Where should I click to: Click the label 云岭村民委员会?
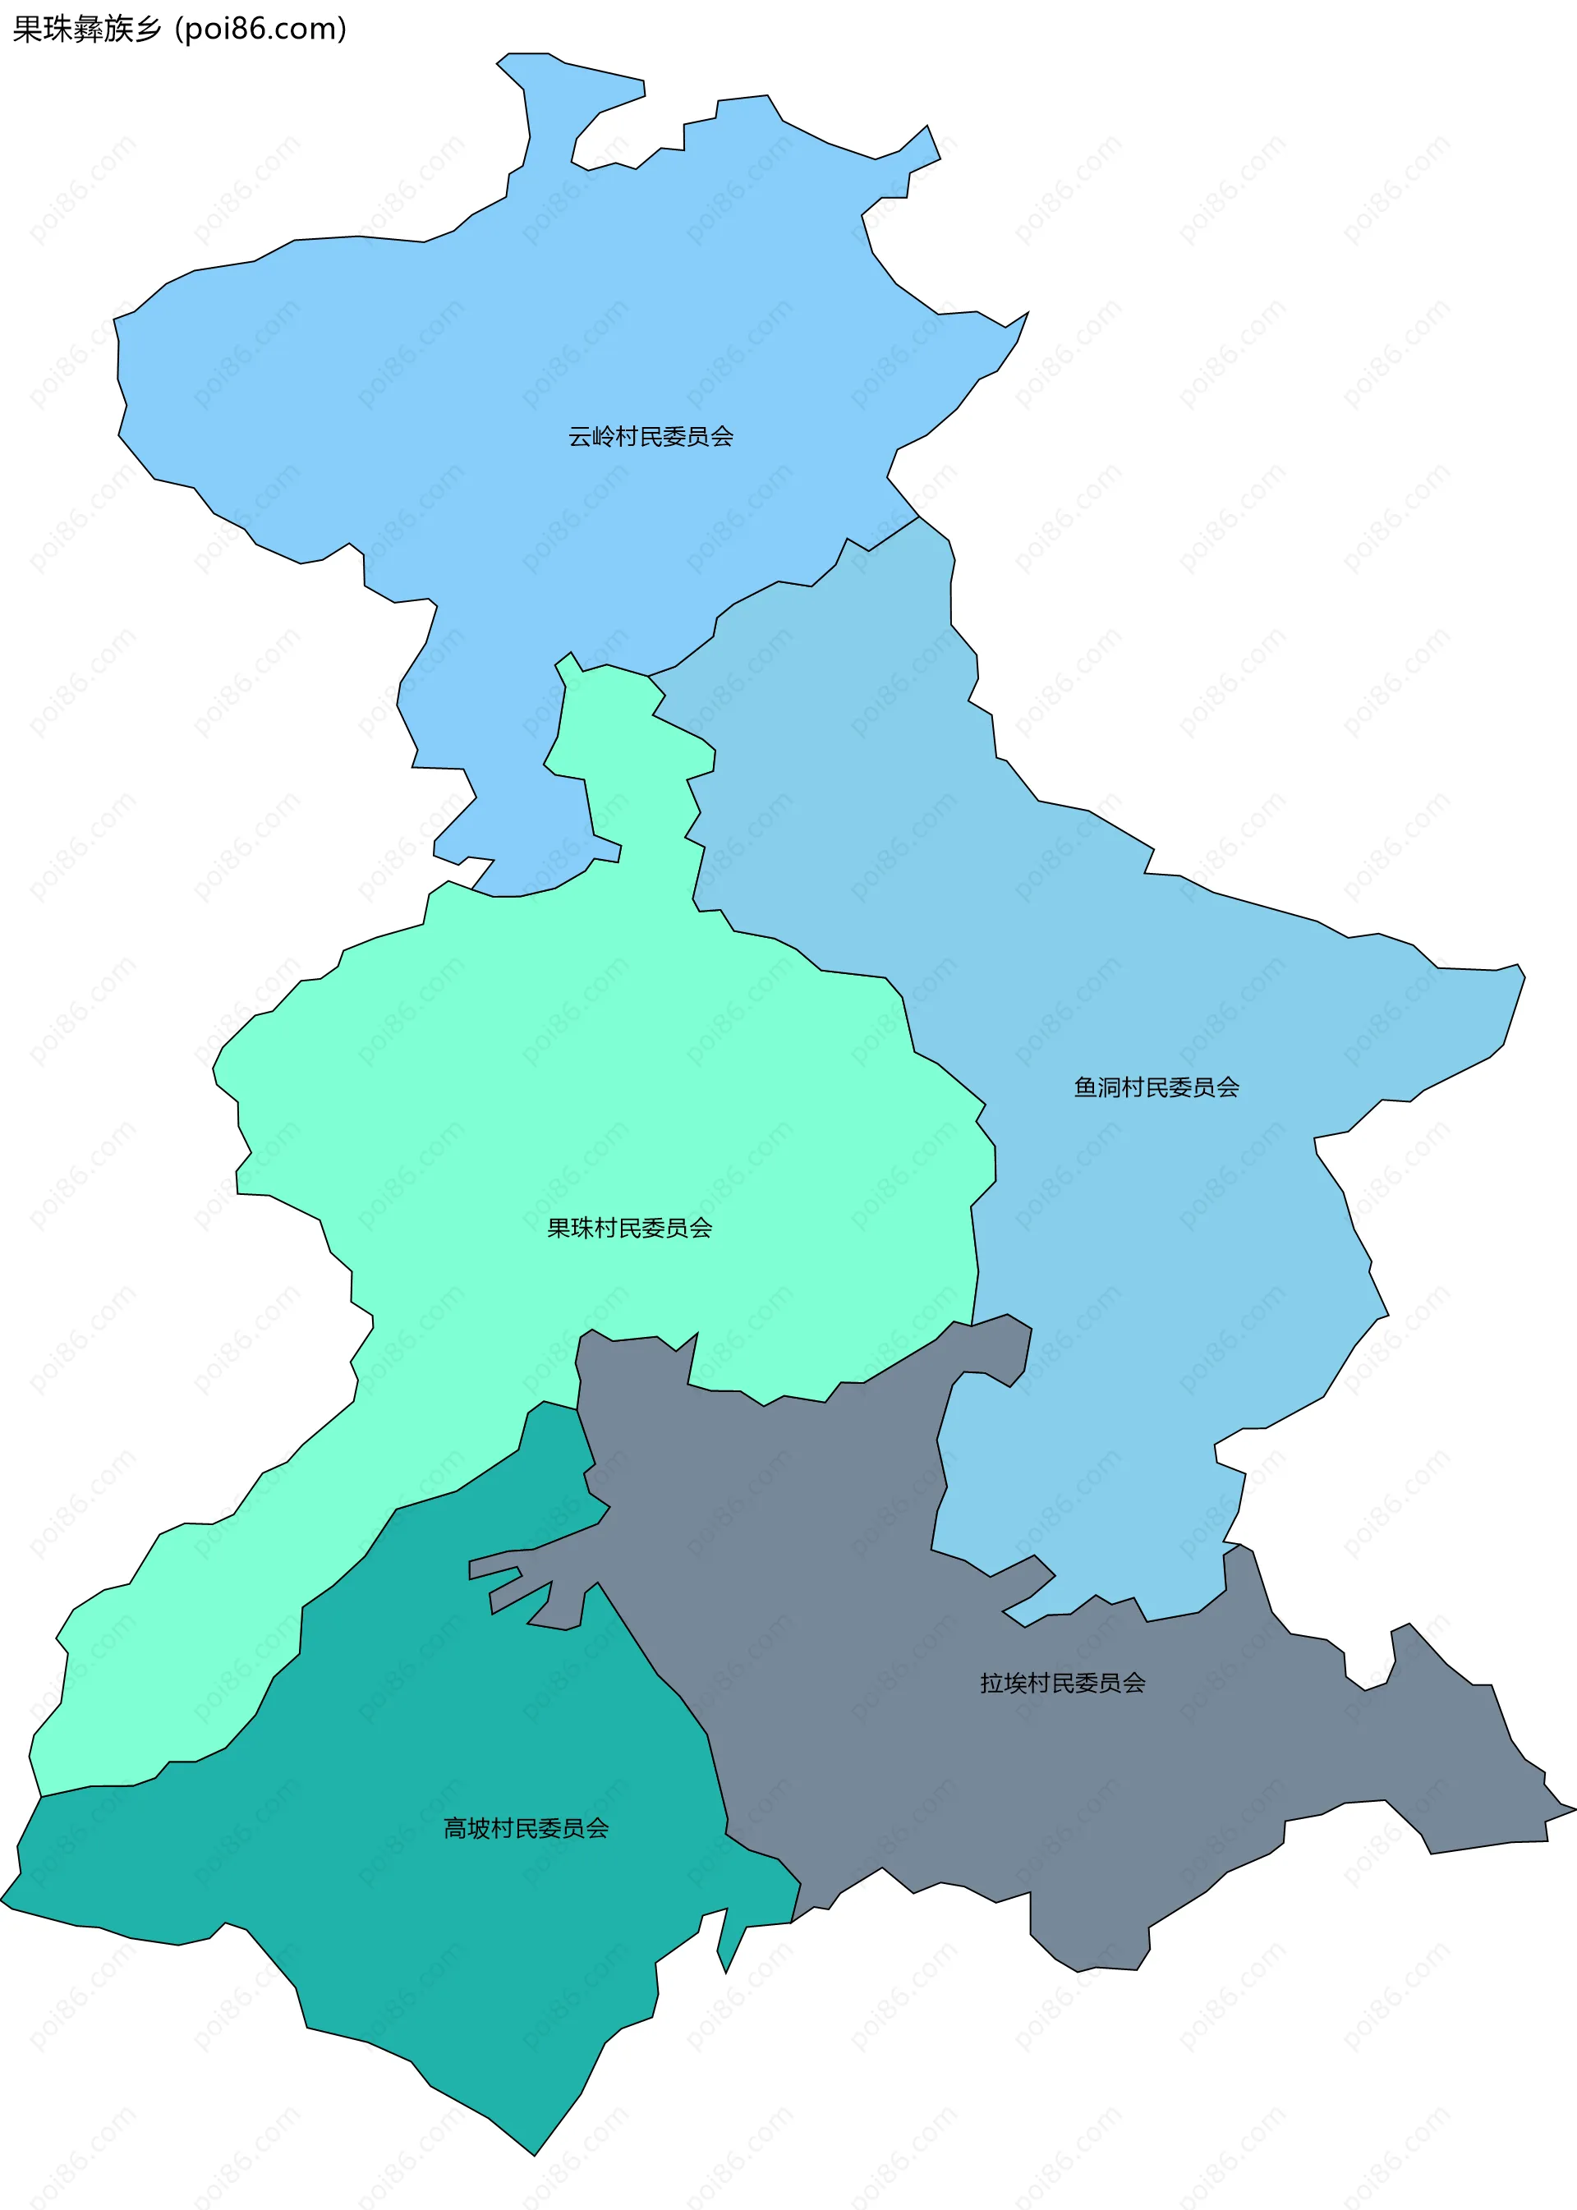[651, 437]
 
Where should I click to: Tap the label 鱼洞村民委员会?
[1156, 1087]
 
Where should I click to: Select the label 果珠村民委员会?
[629, 1229]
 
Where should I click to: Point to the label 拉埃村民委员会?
[1062, 1683]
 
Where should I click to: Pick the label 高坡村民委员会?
[526, 1828]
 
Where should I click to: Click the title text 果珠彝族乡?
[87, 29]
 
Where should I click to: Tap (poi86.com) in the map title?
[260, 29]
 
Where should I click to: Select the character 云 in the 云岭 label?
[580, 437]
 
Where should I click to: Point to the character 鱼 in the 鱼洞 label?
[1086, 1087]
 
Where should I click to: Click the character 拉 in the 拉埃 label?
[991, 1683]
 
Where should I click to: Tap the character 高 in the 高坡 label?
[455, 1828]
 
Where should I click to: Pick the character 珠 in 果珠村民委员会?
[582, 1229]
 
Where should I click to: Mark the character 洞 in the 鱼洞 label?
[1110, 1087]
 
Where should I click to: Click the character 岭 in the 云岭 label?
[603, 437]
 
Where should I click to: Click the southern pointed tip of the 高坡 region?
[534, 2153]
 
